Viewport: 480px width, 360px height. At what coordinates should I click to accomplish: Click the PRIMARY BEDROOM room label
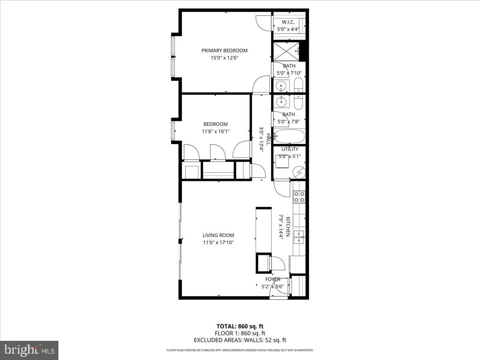[224, 50]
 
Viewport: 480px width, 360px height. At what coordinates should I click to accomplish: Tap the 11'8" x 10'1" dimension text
[216, 131]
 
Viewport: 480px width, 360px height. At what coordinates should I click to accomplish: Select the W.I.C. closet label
[288, 22]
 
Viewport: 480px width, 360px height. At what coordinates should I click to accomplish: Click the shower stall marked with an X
[285, 51]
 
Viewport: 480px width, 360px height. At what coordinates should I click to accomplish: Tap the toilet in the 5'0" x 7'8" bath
[299, 102]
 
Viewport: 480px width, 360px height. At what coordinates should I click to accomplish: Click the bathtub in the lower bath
[289, 136]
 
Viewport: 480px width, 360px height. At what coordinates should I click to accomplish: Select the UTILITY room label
[290, 149]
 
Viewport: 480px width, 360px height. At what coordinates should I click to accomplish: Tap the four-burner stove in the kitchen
[299, 196]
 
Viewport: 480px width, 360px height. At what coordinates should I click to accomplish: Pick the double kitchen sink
[299, 237]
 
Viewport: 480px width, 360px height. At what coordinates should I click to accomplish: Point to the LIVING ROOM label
[218, 235]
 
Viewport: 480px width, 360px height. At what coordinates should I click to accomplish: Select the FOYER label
[272, 279]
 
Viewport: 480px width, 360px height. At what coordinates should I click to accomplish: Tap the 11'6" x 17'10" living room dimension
[218, 242]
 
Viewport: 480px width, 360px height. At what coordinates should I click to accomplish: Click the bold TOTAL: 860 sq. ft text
[240, 326]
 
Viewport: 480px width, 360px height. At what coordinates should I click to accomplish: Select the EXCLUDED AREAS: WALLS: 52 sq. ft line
[240, 340]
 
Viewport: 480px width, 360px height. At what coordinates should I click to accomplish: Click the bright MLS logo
[29, 350]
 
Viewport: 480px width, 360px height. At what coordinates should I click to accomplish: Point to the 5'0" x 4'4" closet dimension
[288, 29]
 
